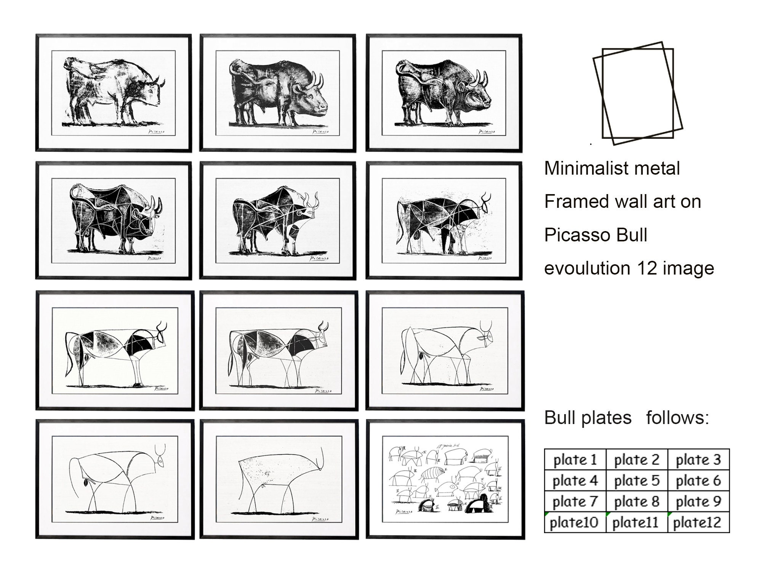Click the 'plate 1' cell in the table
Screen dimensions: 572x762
(x=575, y=460)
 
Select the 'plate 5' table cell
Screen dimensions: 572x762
(x=636, y=480)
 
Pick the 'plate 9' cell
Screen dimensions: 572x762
(x=698, y=501)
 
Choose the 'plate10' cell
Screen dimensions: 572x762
(x=574, y=522)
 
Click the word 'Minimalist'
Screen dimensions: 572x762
(x=582, y=168)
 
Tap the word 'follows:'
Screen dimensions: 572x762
(x=677, y=418)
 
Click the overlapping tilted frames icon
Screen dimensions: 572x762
(x=637, y=93)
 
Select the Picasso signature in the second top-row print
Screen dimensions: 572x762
(x=320, y=132)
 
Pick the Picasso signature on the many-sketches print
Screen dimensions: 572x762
(x=403, y=511)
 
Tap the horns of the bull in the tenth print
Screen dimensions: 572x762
(x=160, y=449)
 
